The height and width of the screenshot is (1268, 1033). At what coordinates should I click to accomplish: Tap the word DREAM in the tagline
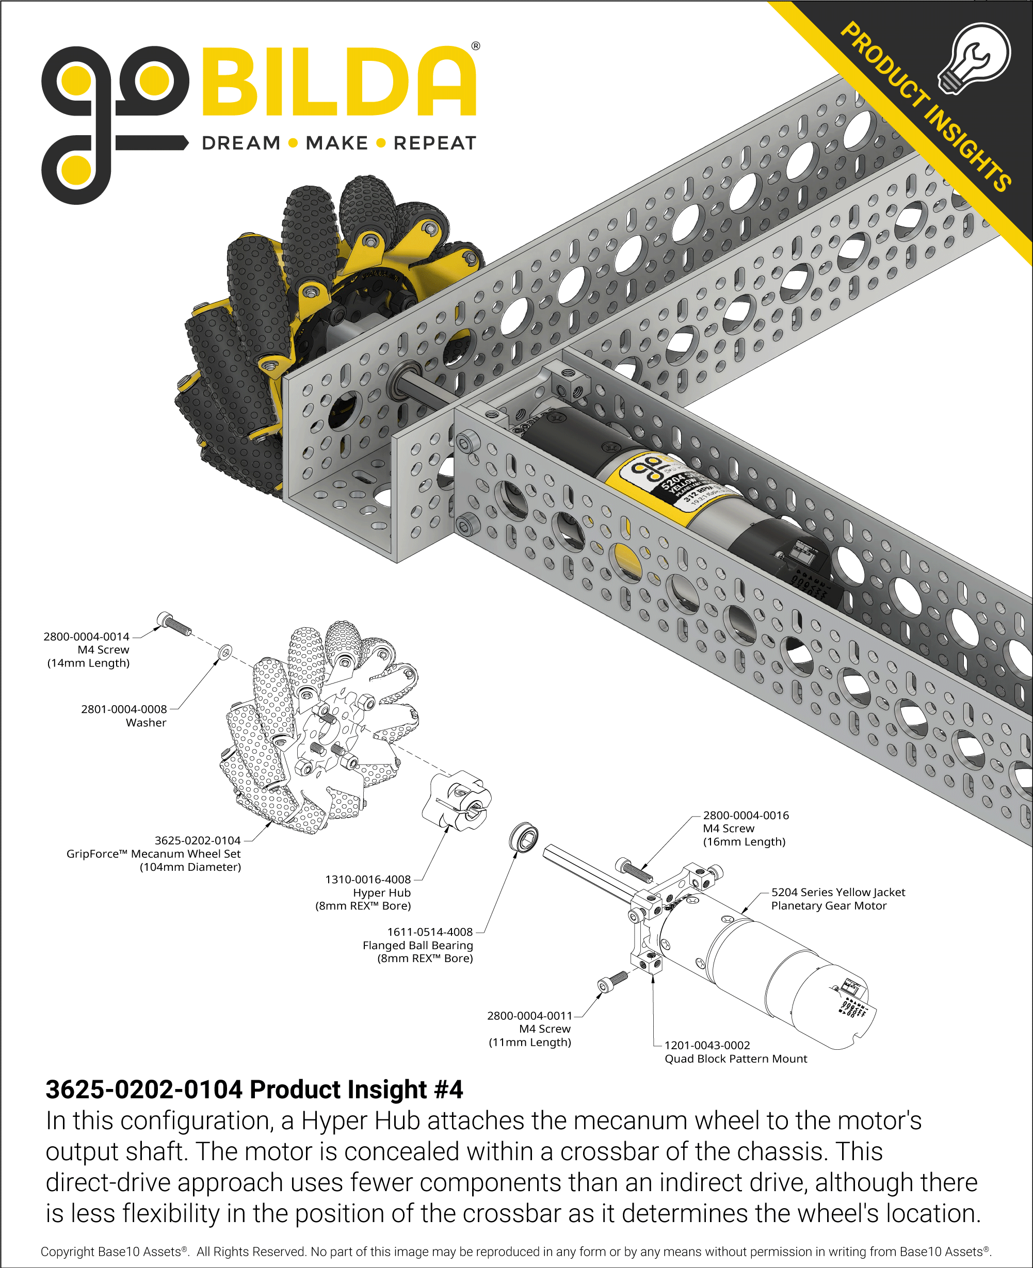[x=241, y=143]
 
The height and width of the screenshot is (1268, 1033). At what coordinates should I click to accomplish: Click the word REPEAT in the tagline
[x=435, y=143]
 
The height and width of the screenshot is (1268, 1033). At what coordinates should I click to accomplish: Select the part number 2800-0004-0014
[x=86, y=637]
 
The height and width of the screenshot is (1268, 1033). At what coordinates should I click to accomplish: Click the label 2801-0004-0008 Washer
[x=124, y=716]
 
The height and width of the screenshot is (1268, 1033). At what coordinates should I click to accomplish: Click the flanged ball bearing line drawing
[x=524, y=837]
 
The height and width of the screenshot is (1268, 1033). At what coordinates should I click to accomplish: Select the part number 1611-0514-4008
[x=430, y=932]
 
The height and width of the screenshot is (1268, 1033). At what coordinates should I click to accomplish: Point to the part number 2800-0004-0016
[x=746, y=816]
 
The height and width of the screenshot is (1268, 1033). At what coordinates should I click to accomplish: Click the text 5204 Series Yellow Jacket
[x=838, y=892]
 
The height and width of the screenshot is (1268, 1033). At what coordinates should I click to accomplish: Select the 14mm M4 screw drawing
[x=173, y=623]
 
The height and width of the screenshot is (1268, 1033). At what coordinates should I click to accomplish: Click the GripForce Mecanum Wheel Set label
[x=154, y=853]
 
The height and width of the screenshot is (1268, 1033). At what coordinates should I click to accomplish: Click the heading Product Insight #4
[x=254, y=1090]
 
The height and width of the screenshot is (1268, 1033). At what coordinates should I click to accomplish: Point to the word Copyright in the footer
[x=67, y=1251]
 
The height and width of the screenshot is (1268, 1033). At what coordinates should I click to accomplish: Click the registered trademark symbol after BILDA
[x=475, y=46]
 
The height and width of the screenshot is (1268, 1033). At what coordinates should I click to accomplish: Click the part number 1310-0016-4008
[x=368, y=879]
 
